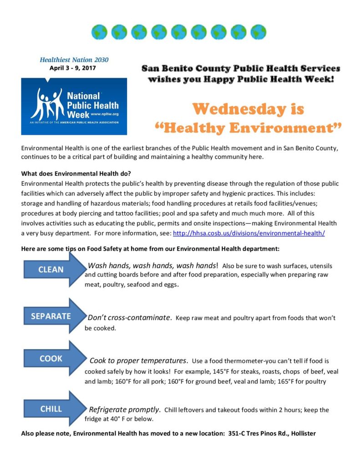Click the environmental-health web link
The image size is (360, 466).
249,233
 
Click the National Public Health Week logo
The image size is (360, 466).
74,106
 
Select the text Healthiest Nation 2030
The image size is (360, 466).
74,60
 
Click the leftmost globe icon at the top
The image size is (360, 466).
99,32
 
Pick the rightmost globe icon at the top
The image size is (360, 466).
258,32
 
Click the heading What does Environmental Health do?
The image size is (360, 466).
76,173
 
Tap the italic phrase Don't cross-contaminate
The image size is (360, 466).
129,318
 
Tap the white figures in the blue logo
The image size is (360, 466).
50,103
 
